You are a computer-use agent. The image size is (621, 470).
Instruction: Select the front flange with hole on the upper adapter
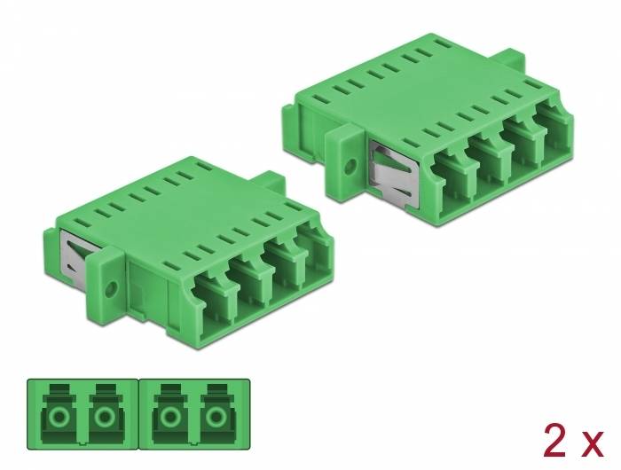[x=347, y=163]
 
